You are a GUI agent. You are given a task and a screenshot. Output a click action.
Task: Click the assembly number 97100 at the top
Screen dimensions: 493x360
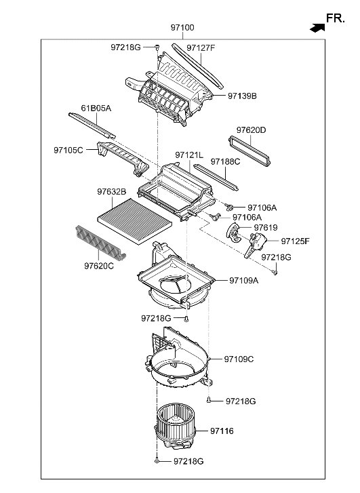182,28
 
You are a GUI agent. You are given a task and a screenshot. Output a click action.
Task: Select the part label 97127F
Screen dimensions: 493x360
201,47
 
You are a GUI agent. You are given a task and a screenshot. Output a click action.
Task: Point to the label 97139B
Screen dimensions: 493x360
242,96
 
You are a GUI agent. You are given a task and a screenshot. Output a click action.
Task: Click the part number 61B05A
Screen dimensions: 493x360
96,109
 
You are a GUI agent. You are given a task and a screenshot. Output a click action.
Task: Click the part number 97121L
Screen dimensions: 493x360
189,155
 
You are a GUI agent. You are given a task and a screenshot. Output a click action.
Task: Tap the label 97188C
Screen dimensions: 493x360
225,162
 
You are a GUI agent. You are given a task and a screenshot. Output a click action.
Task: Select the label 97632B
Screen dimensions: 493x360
111,192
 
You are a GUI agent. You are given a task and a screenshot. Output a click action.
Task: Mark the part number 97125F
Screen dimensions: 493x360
295,241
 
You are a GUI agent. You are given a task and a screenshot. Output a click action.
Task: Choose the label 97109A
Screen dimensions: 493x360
243,279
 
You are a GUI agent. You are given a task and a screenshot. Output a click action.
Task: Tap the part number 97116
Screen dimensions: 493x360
222,431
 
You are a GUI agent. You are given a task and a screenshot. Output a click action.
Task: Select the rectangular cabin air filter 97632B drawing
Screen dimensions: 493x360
132,218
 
